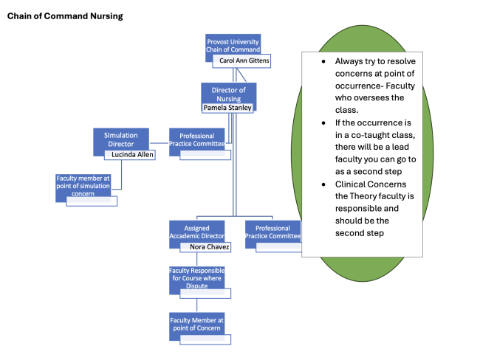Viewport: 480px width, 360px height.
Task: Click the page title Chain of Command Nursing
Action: tap(65, 15)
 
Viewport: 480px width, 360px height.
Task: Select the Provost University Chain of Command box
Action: tap(232, 44)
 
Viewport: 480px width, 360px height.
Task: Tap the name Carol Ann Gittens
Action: tap(244, 60)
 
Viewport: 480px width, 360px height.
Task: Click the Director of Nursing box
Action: tap(228, 93)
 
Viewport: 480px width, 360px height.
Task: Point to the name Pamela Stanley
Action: tap(227, 108)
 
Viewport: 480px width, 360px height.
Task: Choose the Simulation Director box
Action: tap(120, 140)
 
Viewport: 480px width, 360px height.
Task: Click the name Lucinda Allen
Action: tap(128, 155)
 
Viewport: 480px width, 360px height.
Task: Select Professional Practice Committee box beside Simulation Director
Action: tap(197, 139)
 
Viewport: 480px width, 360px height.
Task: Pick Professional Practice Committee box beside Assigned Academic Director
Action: tap(272, 232)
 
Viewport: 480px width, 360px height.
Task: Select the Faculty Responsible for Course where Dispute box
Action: tap(196, 277)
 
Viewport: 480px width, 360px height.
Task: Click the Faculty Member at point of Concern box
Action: tap(196, 322)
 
